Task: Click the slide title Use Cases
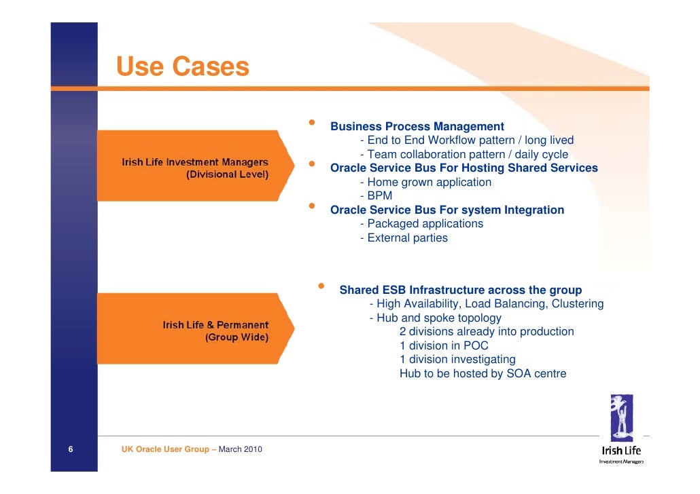[182, 67]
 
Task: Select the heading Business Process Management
[417, 127]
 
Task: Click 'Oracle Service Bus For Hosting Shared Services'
[463, 168]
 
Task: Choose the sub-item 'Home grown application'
[425, 182]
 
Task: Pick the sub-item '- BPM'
[376, 196]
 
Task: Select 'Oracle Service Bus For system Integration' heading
[447, 210]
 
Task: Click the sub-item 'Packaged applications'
[421, 224]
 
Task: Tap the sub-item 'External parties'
[404, 237]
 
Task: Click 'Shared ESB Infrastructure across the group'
[460, 290]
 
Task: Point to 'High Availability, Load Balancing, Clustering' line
[486, 304]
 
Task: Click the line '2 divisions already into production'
[487, 332]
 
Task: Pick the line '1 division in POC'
[444, 345]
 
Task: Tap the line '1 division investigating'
[457, 360]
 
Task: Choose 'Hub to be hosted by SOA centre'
[483, 373]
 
